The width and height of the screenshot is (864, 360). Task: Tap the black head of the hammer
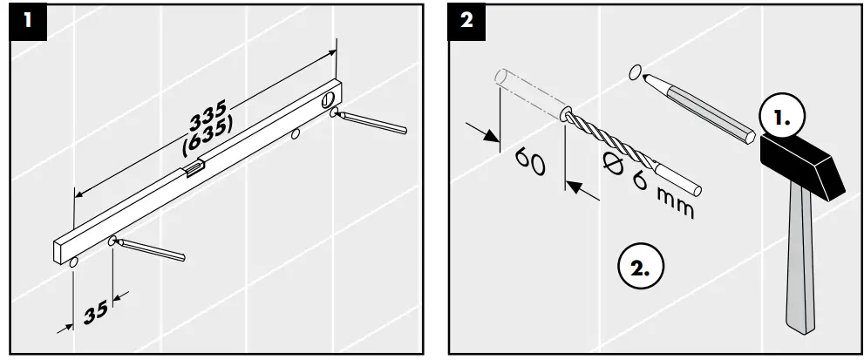(x=803, y=166)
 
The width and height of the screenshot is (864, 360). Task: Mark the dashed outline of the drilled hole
(x=528, y=94)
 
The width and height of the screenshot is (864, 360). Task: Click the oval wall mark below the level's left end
(x=74, y=262)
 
